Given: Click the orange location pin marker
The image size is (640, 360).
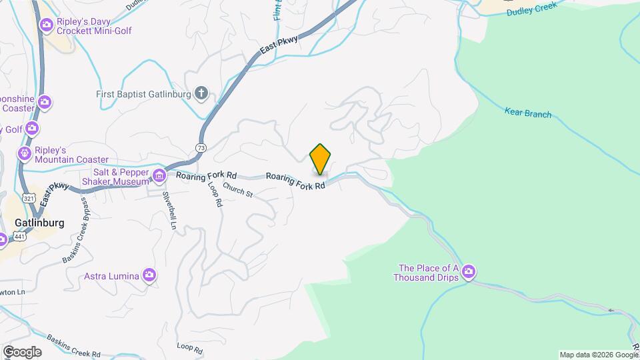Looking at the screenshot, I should pyautogui.click(x=321, y=159).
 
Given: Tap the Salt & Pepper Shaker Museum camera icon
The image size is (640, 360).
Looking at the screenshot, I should pyautogui.click(x=159, y=176).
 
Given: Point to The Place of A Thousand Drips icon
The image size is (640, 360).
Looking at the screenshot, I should pyautogui.click(x=469, y=271).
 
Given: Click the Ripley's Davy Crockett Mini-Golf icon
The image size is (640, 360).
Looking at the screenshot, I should pyautogui.click(x=46, y=25).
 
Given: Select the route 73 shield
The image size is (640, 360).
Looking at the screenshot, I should pyautogui.click(x=201, y=147).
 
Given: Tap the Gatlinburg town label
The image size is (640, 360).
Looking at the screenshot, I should pyautogui.click(x=40, y=223).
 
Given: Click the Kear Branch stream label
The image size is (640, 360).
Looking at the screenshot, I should pyautogui.click(x=528, y=114).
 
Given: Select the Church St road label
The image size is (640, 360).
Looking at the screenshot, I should pyautogui.click(x=238, y=191).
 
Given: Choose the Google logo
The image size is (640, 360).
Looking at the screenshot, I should pyautogui.click(x=21, y=351).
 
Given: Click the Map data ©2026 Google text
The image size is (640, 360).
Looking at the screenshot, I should pyautogui.click(x=599, y=355).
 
